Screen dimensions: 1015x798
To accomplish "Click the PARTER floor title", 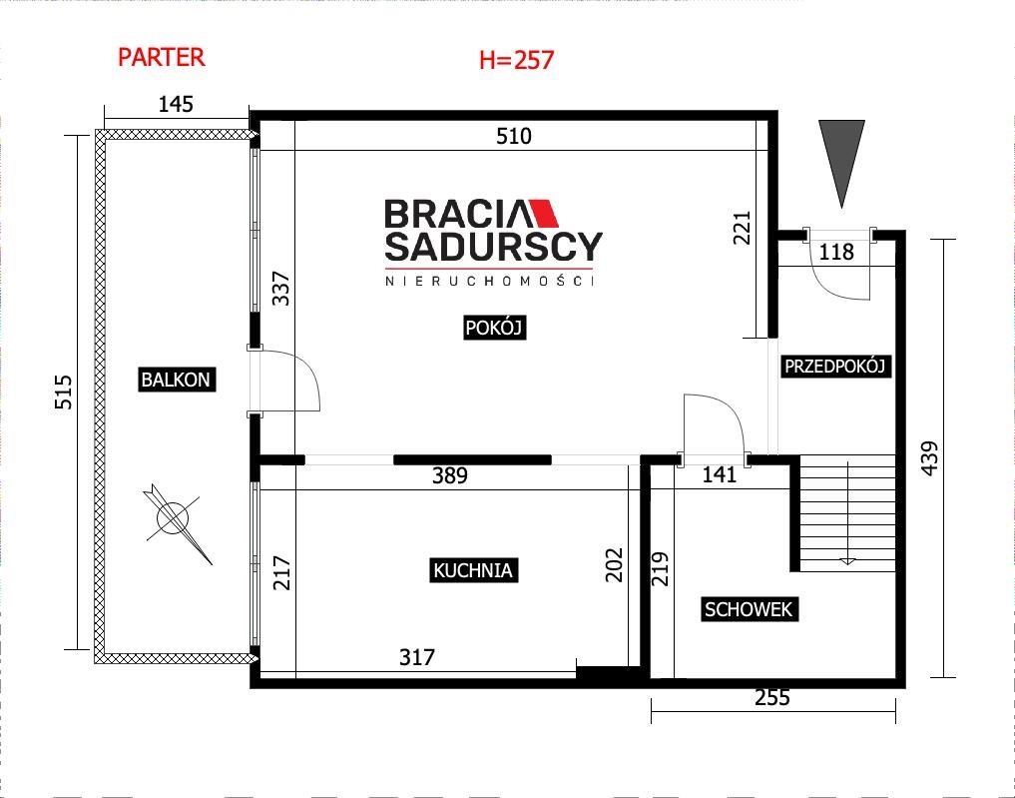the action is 162,57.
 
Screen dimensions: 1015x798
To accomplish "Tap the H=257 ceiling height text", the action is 517,60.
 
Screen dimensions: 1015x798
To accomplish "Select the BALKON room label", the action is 176,380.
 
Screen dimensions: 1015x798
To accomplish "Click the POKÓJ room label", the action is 493,328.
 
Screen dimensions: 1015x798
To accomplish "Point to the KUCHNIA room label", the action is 473,570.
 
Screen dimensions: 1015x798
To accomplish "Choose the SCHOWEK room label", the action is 749,609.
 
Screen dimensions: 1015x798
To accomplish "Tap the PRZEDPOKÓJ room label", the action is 834,367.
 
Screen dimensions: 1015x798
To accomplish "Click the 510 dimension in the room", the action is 514,136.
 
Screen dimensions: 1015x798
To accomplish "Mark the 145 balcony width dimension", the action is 176,104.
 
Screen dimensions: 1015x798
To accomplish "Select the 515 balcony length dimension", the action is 64,392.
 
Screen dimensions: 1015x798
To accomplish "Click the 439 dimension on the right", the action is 929,458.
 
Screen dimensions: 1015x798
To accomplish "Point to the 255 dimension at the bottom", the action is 772,697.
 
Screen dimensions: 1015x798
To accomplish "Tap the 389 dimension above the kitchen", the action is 450,475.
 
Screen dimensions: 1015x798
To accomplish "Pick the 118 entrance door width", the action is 836,252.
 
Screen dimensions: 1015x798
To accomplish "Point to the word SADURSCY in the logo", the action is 494,246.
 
